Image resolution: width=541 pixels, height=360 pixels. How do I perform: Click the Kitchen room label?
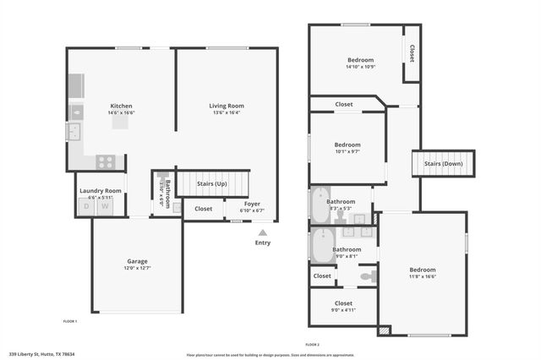point(121,106)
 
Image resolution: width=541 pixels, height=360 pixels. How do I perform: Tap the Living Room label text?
point(227,106)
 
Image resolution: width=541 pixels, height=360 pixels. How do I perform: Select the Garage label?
point(137,261)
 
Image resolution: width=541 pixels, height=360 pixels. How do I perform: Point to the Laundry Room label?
point(101,191)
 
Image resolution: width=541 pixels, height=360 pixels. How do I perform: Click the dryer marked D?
point(86,206)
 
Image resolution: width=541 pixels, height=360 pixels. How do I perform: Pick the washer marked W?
point(106,206)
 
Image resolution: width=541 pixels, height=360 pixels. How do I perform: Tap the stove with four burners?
point(107,161)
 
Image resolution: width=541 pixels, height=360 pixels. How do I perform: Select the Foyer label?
point(253,204)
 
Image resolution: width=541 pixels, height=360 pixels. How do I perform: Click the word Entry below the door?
point(263,243)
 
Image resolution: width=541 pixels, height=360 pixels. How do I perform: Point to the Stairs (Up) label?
point(212,183)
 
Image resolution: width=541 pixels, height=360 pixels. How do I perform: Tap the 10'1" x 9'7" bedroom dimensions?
point(347,152)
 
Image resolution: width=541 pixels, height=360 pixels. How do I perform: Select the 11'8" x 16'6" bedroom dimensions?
point(423,275)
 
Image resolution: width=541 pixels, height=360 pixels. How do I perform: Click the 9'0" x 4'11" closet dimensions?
point(342,310)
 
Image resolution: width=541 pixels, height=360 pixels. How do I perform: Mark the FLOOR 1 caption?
point(70,321)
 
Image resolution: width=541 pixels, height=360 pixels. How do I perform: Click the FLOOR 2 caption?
point(313,345)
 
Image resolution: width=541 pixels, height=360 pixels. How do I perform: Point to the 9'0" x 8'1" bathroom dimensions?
point(347,257)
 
